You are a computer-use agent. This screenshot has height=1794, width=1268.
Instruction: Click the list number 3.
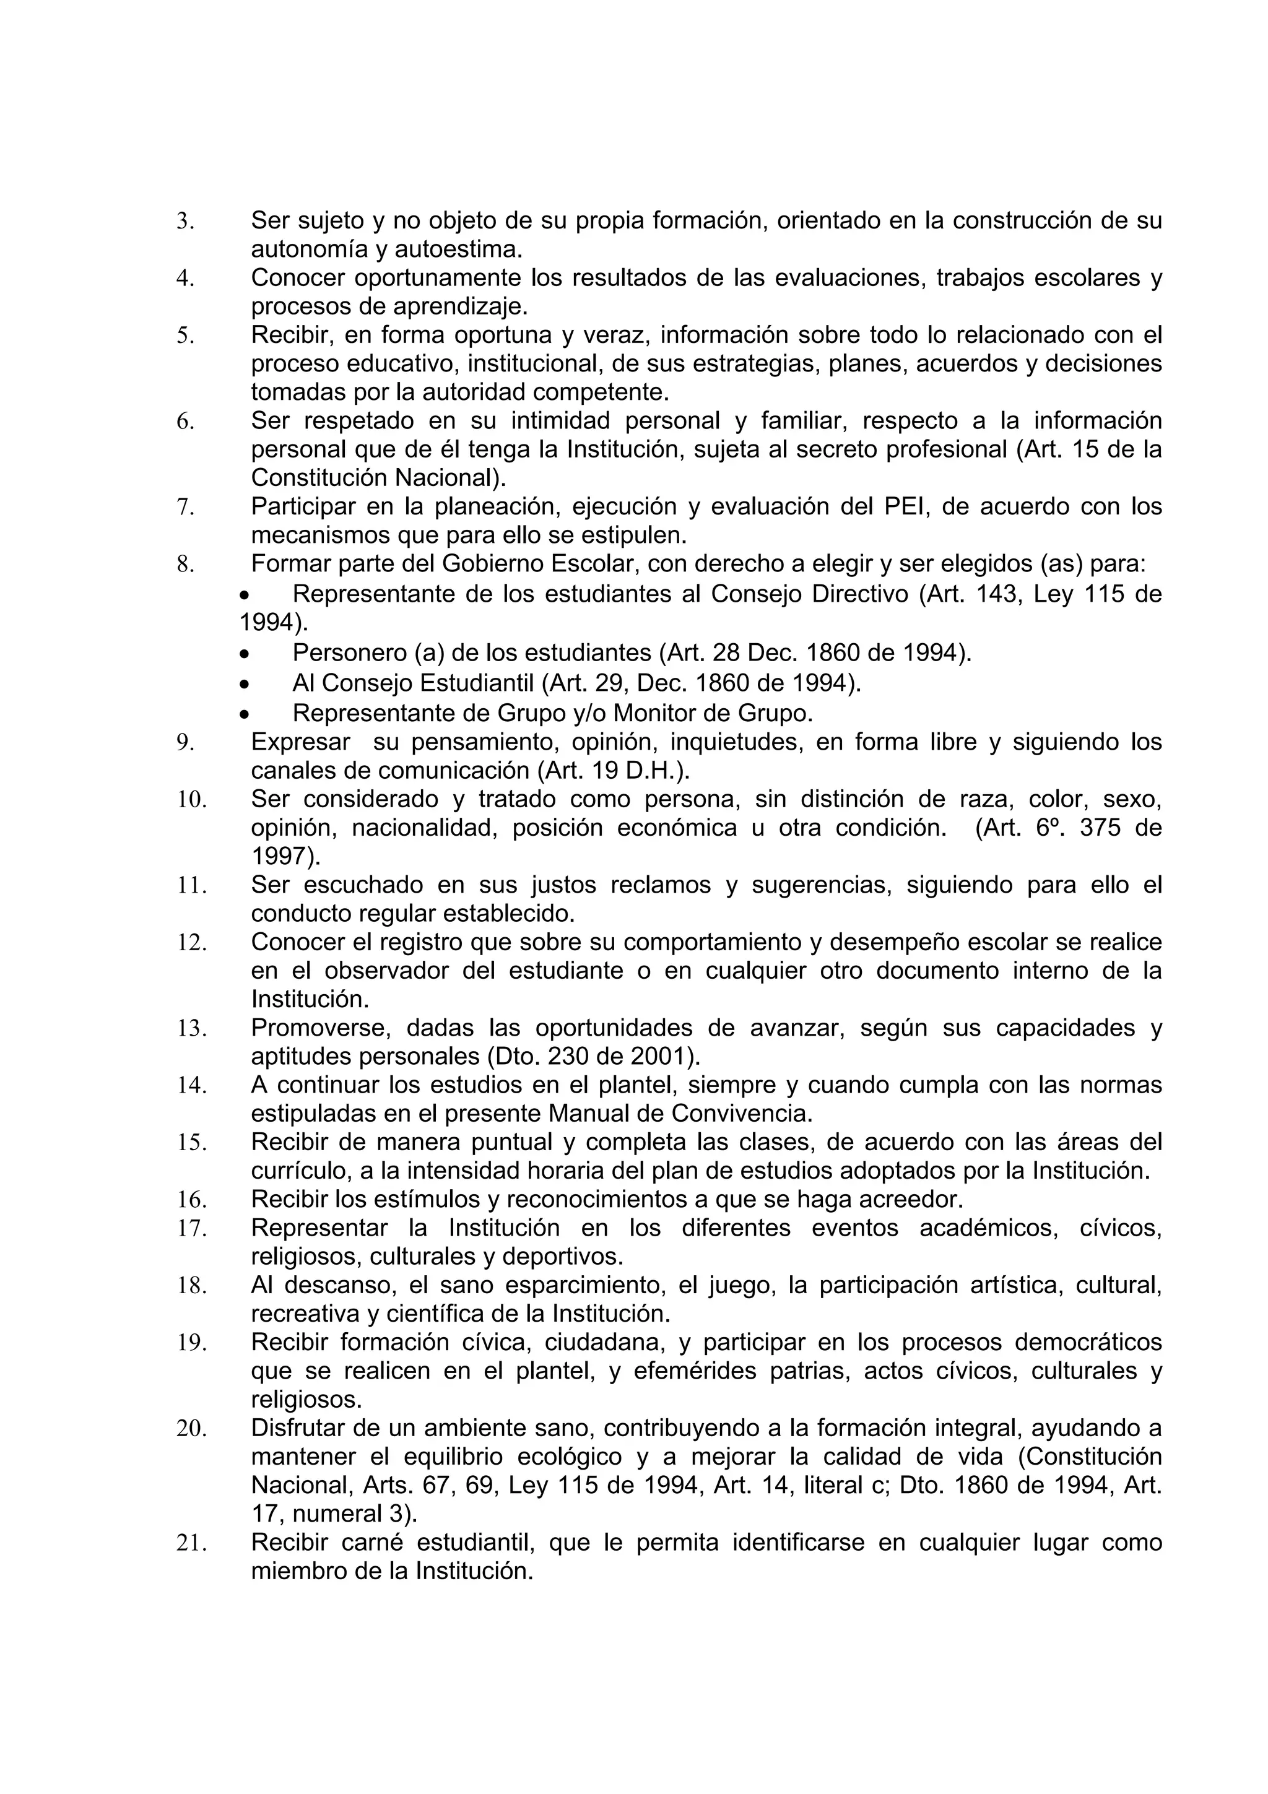(x=185, y=222)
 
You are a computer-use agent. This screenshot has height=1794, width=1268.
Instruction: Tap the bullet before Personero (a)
(x=245, y=653)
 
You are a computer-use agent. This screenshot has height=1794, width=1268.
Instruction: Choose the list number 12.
(x=191, y=943)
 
